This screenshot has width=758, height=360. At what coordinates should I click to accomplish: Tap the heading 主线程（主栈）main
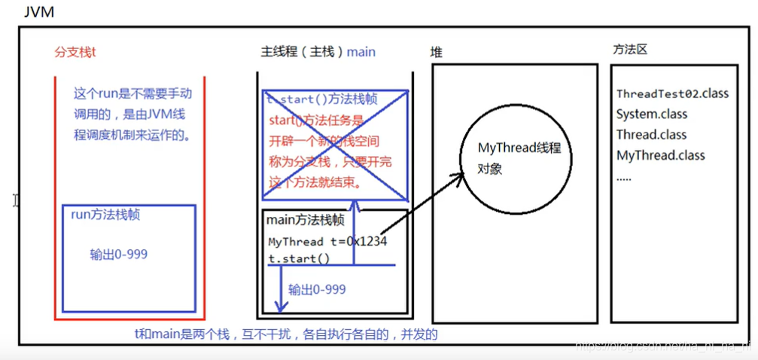pyautogui.click(x=318, y=52)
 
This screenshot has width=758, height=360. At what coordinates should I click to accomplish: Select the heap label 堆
pyautogui.click(x=436, y=52)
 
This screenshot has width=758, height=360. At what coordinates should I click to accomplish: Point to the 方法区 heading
pyautogui.click(x=630, y=50)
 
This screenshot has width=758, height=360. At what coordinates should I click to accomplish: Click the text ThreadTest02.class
pyautogui.click(x=672, y=93)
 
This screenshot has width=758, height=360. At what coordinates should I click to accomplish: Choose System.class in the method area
pyautogui.click(x=651, y=114)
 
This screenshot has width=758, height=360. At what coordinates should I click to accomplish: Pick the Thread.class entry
pyautogui.click(x=651, y=135)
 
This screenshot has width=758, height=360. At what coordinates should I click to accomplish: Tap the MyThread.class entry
pyautogui.click(x=660, y=155)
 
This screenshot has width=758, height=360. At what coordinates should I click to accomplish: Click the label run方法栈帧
pyautogui.click(x=105, y=215)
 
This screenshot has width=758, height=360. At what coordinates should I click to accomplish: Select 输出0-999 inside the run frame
pyautogui.click(x=118, y=255)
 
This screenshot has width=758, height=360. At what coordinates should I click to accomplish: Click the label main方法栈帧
pyautogui.click(x=305, y=220)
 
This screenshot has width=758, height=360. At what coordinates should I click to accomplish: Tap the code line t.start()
pyautogui.click(x=299, y=258)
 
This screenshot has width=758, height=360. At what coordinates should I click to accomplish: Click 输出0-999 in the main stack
pyautogui.click(x=317, y=289)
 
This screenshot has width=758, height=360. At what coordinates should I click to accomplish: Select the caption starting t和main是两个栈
pyautogui.click(x=286, y=334)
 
